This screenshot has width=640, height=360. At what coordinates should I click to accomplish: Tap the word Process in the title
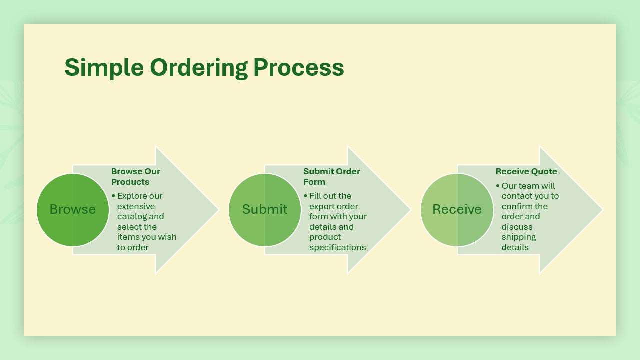pos(298,67)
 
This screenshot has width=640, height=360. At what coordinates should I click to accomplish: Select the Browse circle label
pos(73,209)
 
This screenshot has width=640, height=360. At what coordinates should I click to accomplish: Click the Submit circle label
pos(265,209)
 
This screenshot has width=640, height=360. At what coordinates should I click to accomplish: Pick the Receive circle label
pos(457,209)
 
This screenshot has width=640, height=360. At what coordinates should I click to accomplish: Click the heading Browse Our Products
pos(136,177)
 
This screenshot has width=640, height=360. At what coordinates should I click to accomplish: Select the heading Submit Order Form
pos(332,177)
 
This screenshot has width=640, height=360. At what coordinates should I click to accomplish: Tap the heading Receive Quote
pos(526,171)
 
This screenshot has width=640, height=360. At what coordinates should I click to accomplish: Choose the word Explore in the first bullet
pos(133,196)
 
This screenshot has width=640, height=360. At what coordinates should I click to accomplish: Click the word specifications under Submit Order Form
pos(338,247)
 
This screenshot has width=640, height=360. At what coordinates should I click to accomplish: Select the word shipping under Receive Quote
pos(519,237)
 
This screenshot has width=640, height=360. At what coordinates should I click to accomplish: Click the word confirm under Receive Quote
pos(517,206)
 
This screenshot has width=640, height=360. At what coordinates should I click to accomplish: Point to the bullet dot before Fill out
pos(305,196)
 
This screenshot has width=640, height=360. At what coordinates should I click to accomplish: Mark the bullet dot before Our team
pos(498,186)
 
